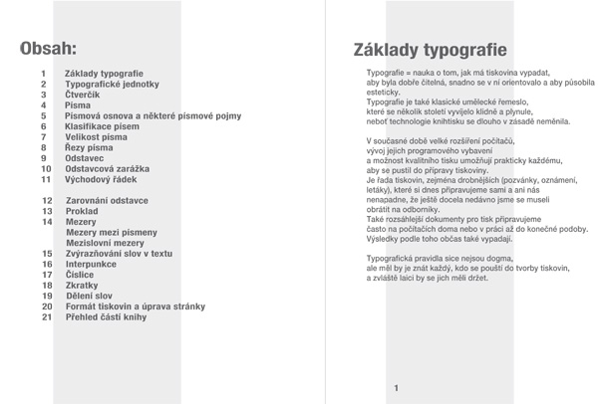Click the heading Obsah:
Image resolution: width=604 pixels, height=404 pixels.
(x=49, y=48)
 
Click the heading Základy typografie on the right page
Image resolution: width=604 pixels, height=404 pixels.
(x=430, y=50)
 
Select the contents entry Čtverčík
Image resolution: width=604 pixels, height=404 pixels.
(x=83, y=95)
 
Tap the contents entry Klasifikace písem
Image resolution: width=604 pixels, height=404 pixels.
(x=104, y=127)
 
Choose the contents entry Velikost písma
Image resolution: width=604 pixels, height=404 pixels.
(x=97, y=137)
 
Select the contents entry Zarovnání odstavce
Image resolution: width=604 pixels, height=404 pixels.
(x=107, y=201)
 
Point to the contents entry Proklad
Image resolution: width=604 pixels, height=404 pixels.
(x=83, y=212)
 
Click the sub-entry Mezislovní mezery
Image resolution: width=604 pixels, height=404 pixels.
(x=105, y=243)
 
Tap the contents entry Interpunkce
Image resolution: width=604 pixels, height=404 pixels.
(x=93, y=264)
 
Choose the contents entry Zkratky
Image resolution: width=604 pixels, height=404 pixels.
(x=83, y=285)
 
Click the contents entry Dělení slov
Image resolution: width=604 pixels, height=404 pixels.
(x=89, y=296)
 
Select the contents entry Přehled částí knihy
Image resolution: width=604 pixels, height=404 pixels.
(x=106, y=317)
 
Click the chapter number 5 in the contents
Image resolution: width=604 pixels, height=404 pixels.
(x=44, y=116)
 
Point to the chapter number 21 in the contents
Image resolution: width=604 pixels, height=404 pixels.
(x=47, y=317)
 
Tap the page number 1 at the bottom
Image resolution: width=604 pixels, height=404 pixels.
(x=396, y=387)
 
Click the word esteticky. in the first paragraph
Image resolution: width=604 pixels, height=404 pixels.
(x=384, y=93)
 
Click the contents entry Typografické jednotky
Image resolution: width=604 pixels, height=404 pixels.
(x=112, y=85)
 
